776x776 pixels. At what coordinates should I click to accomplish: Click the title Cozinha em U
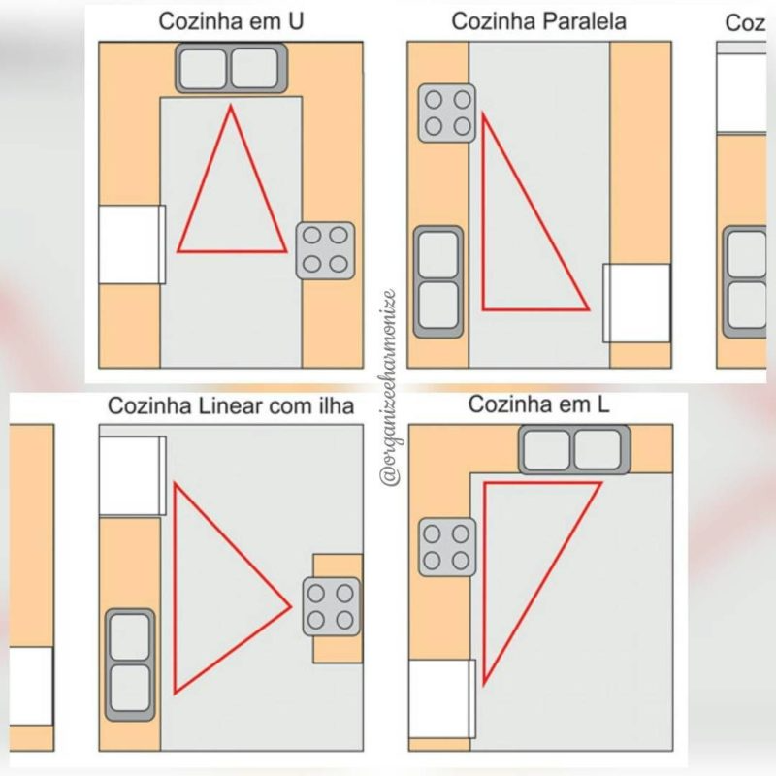pyautogui.click(x=230, y=22)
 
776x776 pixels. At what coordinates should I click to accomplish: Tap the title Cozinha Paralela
pyautogui.click(x=538, y=22)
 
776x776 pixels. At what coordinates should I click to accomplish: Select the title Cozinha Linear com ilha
pyautogui.click(x=231, y=405)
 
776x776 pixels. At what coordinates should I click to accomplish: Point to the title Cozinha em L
pyautogui.click(x=538, y=405)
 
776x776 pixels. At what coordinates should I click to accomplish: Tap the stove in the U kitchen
pyautogui.click(x=325, y=249)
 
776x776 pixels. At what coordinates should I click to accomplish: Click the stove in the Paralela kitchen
pyautogui.click(x=447, y=113)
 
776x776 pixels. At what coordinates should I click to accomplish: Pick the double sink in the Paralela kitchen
pyautogui.click(x=438, y=281)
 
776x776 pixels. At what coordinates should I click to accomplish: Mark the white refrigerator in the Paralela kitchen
pyautogui.click(x=636, y=303)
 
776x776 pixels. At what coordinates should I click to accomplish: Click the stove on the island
pyautogui.click(x=331, y=606)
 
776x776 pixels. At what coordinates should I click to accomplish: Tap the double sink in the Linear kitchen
pyautogui.click(x=130, y=663)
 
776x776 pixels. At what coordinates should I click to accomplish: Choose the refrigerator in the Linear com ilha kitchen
pyautogui.click(x=132, y=475)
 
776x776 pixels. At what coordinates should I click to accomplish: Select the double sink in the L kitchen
pyautogui.click(x=574, y=450)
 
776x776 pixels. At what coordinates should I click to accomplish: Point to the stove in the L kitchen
pyautogui.click(x=447, y=547)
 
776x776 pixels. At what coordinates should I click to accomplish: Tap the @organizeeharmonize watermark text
pyautogui.click(x=388, y=388)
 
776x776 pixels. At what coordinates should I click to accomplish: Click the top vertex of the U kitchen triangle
pyautogui.click(x=231, y=106)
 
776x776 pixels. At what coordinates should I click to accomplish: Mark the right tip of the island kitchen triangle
pyautogui.click(x=291, y=607)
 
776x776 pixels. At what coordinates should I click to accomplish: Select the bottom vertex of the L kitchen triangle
pyautogui.click(x=484, y=683)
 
